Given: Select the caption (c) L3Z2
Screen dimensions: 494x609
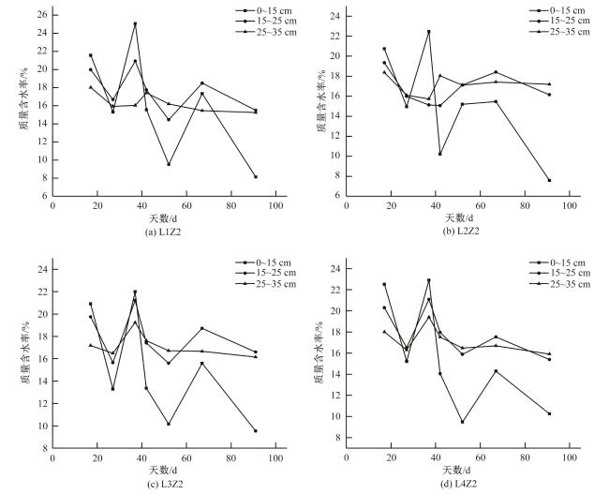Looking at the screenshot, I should pos(164,484).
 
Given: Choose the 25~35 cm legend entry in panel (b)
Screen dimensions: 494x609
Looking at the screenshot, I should pos(559,32).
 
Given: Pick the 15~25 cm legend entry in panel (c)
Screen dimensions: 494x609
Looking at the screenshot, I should pos(265,273).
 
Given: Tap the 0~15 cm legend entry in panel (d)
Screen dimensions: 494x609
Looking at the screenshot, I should pos(559,262).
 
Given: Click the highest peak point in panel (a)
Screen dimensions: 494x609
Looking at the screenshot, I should pos(135,24).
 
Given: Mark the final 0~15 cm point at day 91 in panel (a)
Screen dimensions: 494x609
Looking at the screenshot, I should pos(256,176).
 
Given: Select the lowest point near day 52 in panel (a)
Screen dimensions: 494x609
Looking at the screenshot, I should pos(169,164).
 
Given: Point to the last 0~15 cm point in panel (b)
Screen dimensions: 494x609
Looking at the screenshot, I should pos(549,180).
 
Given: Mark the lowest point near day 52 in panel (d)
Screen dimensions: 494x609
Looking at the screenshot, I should pos(462,422).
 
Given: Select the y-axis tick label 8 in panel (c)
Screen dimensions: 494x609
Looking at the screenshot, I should pos(44,448).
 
